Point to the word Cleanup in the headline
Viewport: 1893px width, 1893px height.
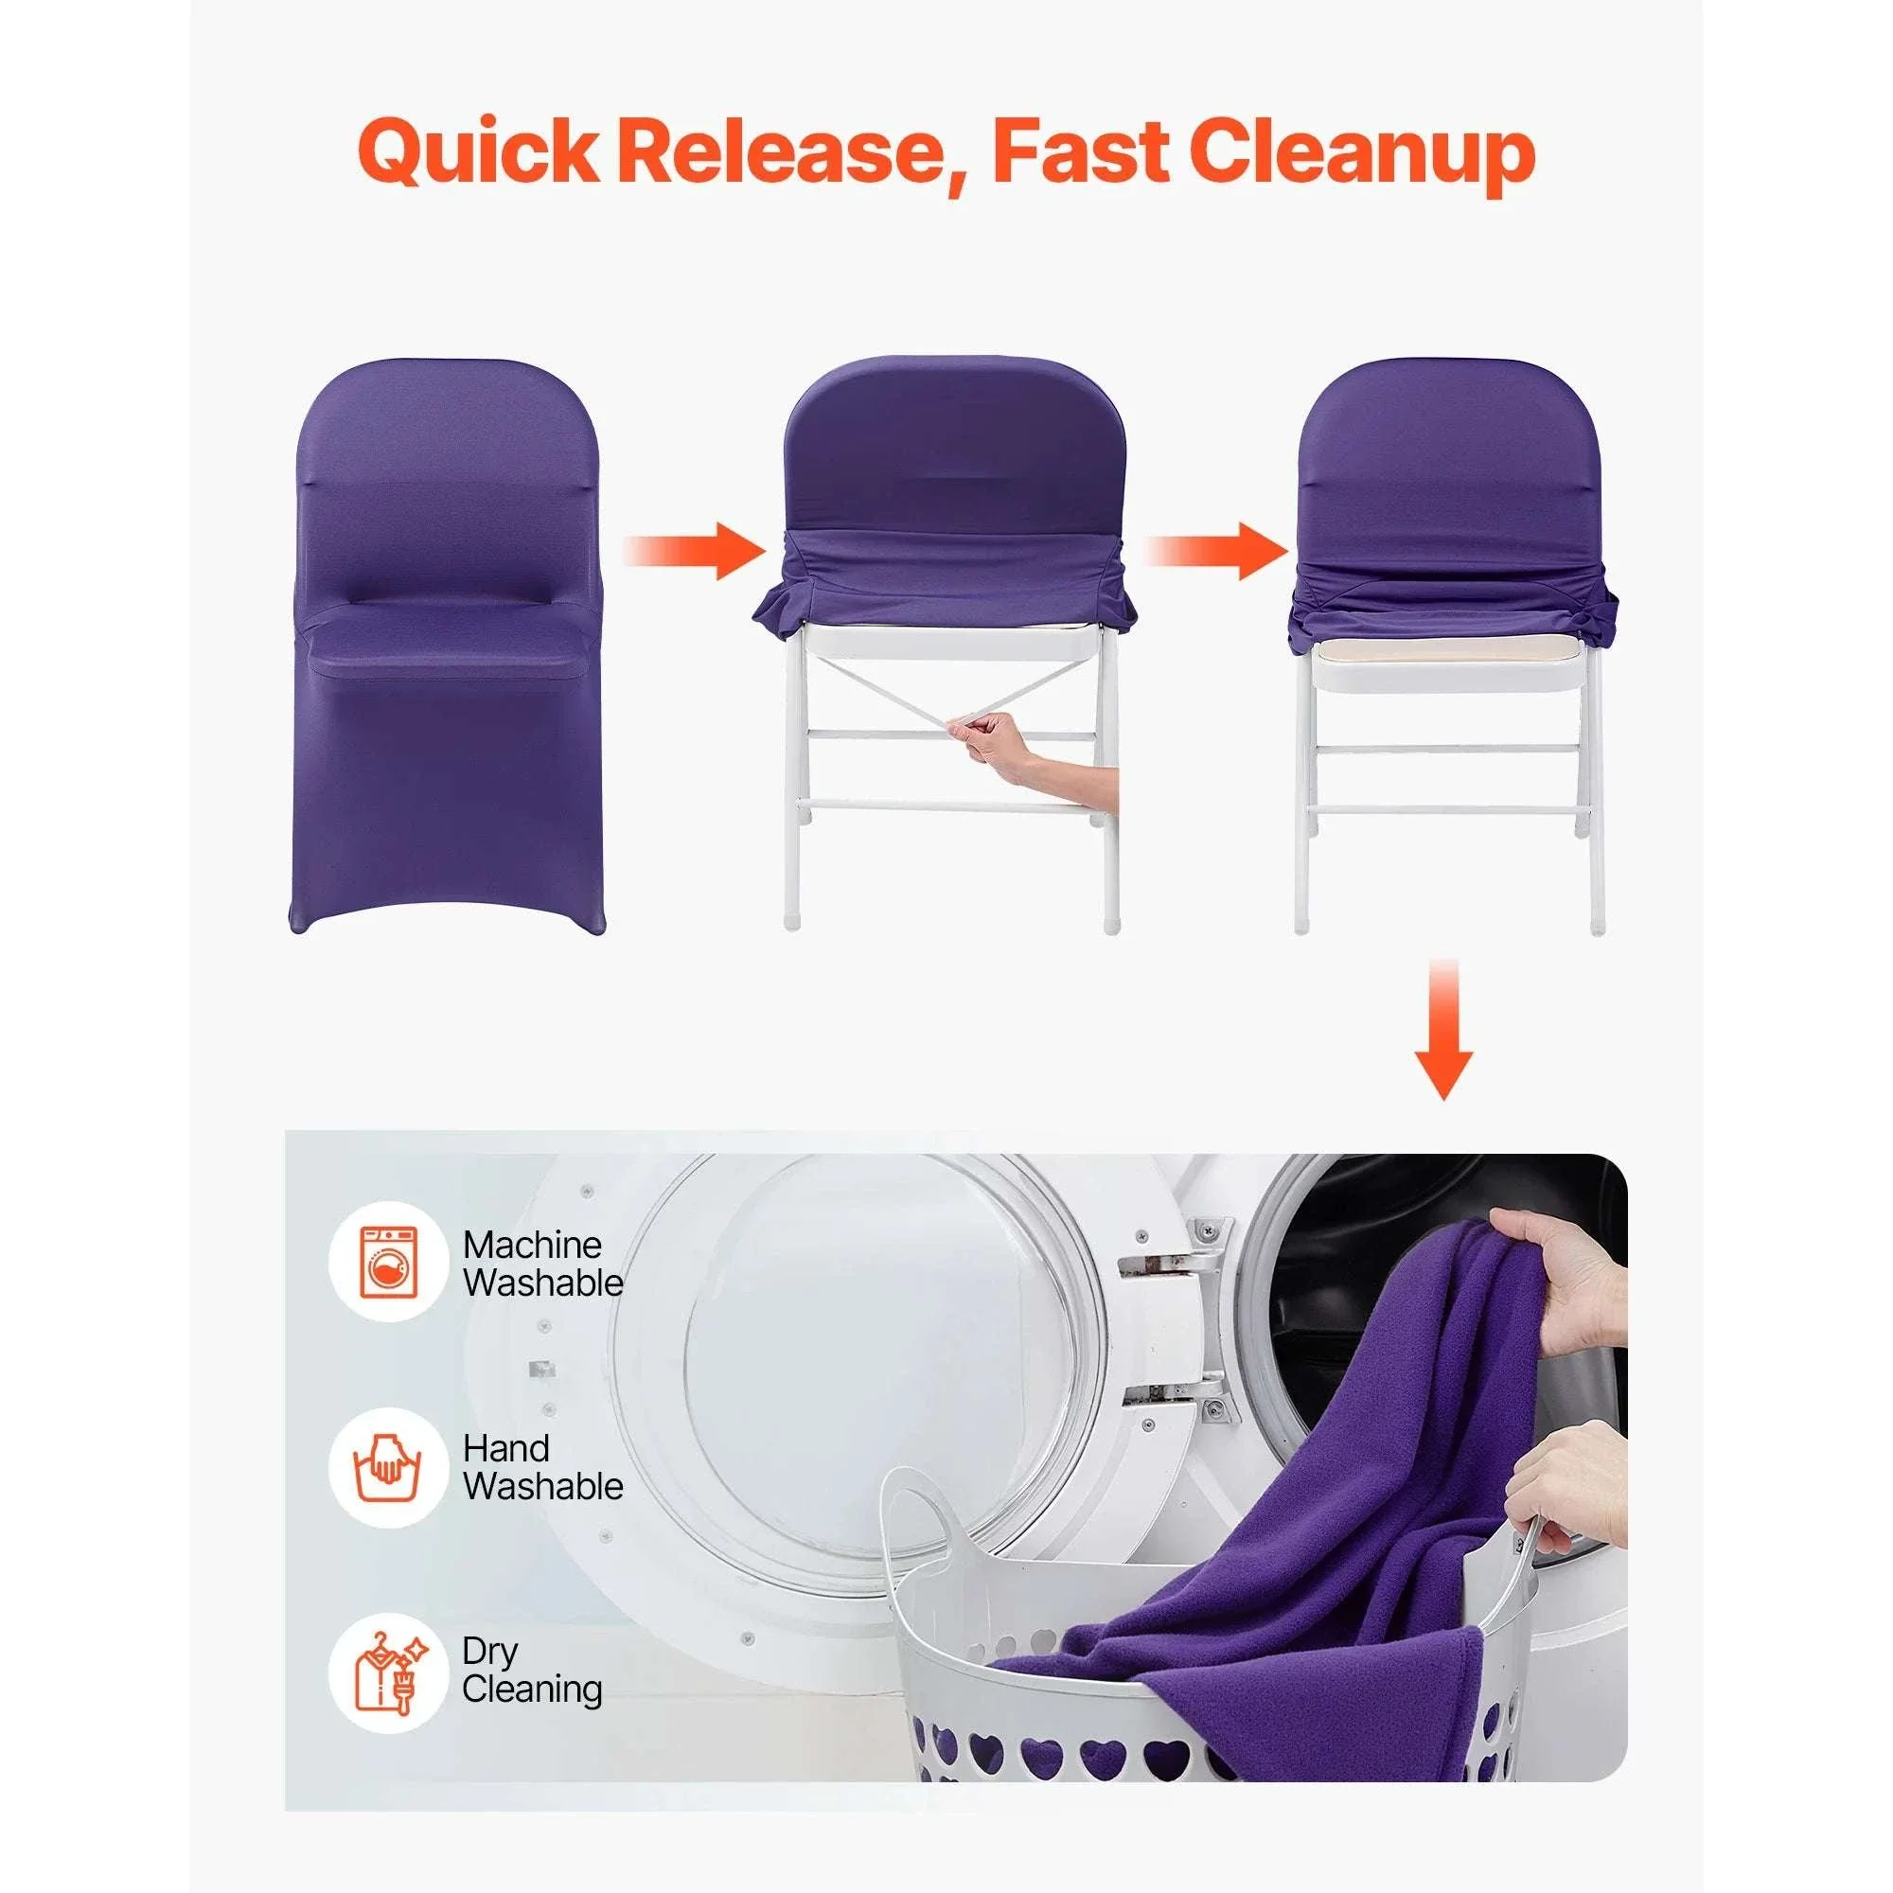1363,155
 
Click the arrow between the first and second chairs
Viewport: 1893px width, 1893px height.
694,550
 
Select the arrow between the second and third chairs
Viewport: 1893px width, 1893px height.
1215,550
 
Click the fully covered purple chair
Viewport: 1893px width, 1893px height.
448,646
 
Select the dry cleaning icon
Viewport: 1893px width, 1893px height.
390,1672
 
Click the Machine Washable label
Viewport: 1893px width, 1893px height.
542,1264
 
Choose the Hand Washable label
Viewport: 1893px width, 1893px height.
542,1467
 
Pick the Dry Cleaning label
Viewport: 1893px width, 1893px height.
532,1671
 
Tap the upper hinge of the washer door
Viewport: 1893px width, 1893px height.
1176,1247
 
